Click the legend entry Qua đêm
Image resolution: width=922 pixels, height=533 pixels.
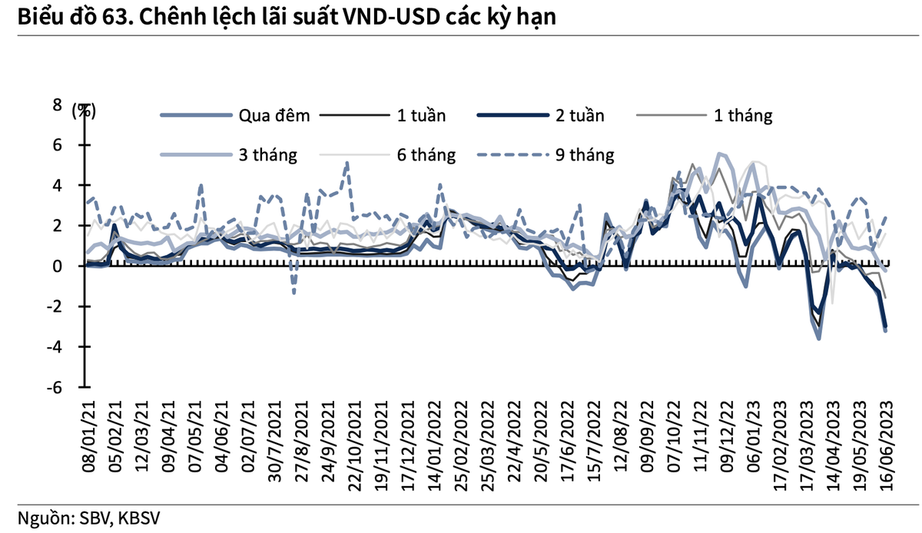pos(274,116)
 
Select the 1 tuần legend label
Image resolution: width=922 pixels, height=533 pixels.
pos(421,116)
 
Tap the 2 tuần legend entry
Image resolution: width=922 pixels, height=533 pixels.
pos(579,116)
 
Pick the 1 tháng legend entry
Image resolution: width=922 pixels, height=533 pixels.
pos(742,116)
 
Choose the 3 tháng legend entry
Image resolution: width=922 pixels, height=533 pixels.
pos(267,155)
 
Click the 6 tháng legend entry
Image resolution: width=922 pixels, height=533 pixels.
pos(426,155)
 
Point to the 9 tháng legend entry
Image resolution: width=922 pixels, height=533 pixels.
pos(585,155)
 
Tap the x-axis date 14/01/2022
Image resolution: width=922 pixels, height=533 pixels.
pos(433,442)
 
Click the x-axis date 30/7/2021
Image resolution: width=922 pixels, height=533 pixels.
pos(277,441)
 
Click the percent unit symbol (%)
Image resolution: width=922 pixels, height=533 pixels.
pos(85,110)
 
